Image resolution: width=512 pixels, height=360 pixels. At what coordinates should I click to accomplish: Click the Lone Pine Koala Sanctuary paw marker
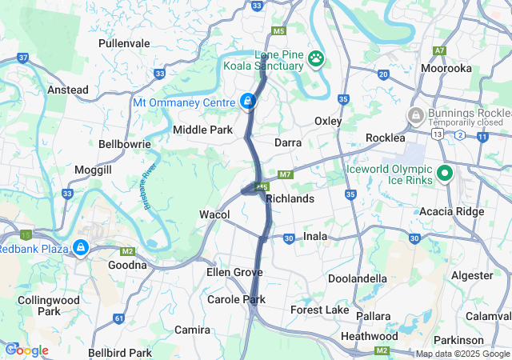[318, 58]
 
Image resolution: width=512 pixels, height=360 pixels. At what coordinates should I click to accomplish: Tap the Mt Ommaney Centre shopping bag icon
[248, 102]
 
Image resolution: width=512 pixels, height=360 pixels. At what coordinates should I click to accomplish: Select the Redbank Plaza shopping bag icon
[81, 248]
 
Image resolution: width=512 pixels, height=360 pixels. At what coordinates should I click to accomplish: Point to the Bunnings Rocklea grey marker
[416, 116]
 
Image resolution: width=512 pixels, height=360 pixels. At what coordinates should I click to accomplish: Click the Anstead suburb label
[68, 90]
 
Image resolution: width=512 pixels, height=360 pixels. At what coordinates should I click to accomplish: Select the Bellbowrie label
[121, 145]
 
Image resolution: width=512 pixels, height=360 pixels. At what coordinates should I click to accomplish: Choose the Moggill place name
[94, 170]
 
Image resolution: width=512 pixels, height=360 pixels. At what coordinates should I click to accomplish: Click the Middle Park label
[202, 130]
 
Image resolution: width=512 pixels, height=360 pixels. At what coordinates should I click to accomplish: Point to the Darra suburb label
[287, 142]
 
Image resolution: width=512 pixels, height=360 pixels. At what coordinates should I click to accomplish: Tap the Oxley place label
[328, 121]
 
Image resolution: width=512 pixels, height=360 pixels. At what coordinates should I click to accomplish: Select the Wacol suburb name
[214, 214]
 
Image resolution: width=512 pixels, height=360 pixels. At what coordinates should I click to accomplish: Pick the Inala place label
[316, 237]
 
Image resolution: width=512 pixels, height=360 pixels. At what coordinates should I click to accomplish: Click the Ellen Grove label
[234, 272]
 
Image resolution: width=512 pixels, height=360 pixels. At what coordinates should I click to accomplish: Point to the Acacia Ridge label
[445, 211]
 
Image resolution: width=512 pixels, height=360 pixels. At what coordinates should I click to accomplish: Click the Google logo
[27, 350]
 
